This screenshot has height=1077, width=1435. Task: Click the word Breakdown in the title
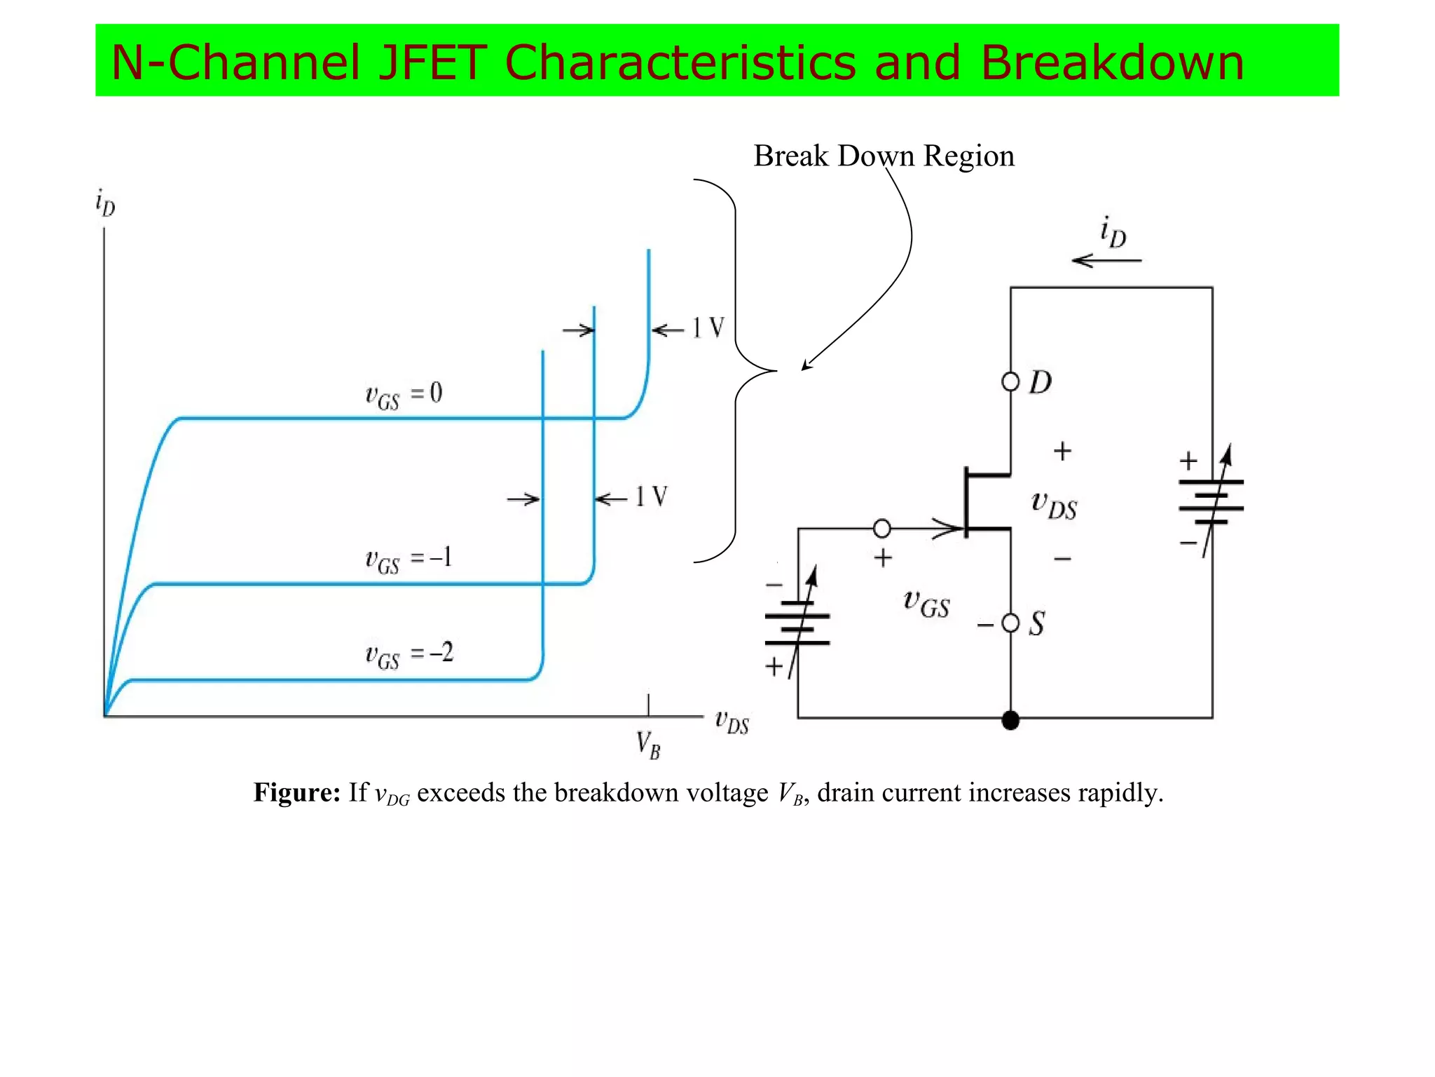(1111, 62)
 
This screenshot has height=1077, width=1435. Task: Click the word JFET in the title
(431, 62)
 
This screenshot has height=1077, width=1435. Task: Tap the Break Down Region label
(884, 156)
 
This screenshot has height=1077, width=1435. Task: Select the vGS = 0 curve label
(404, 395)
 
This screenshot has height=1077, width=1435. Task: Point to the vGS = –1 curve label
(408, 560)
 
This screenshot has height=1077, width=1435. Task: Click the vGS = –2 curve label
(409, 655)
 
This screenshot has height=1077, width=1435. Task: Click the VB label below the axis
(648, 745)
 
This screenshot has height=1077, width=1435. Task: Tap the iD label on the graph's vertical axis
(105, 203)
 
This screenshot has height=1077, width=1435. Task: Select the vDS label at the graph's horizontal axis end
(732, 722)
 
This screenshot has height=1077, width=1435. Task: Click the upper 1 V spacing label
(708, 328)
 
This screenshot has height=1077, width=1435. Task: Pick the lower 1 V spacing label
(651, 497)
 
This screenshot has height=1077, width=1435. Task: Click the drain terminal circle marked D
(1010, 382)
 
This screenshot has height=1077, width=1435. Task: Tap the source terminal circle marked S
(1010, 623)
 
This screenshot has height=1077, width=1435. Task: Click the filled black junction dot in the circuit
(1010, 720)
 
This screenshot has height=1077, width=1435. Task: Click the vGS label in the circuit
(926, 604)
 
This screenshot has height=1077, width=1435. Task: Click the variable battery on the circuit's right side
(1211, 501)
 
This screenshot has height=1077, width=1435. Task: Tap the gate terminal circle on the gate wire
(882, 528)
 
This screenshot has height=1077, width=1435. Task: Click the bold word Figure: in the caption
(296, 793)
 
